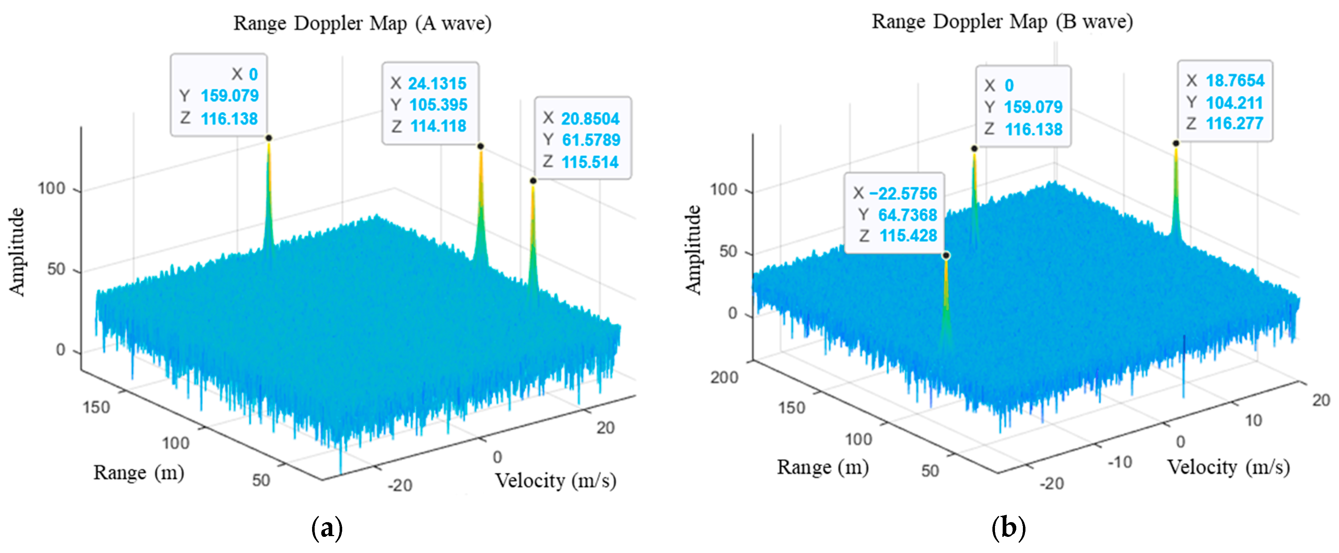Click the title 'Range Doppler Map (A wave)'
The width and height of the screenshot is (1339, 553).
pos(362,24)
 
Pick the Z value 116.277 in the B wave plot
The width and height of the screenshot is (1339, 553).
pos(1234,124)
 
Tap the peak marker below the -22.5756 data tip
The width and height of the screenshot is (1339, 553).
pos(946,255)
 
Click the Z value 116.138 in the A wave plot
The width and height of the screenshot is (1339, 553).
pos(229,119)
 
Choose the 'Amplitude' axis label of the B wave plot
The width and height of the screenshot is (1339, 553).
pos(693,249)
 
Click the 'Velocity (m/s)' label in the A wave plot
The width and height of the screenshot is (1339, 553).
pos(555,481)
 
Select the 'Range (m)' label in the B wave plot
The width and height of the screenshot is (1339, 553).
pos(822,467)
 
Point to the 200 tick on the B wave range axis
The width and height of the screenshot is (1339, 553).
pos(724,377)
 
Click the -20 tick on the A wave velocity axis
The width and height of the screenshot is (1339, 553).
pos(400,485)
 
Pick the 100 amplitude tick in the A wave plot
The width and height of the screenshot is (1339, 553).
pos(51,189)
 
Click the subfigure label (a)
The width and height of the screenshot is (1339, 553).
pos(327,528)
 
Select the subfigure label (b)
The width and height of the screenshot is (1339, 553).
pos(1009,528)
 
